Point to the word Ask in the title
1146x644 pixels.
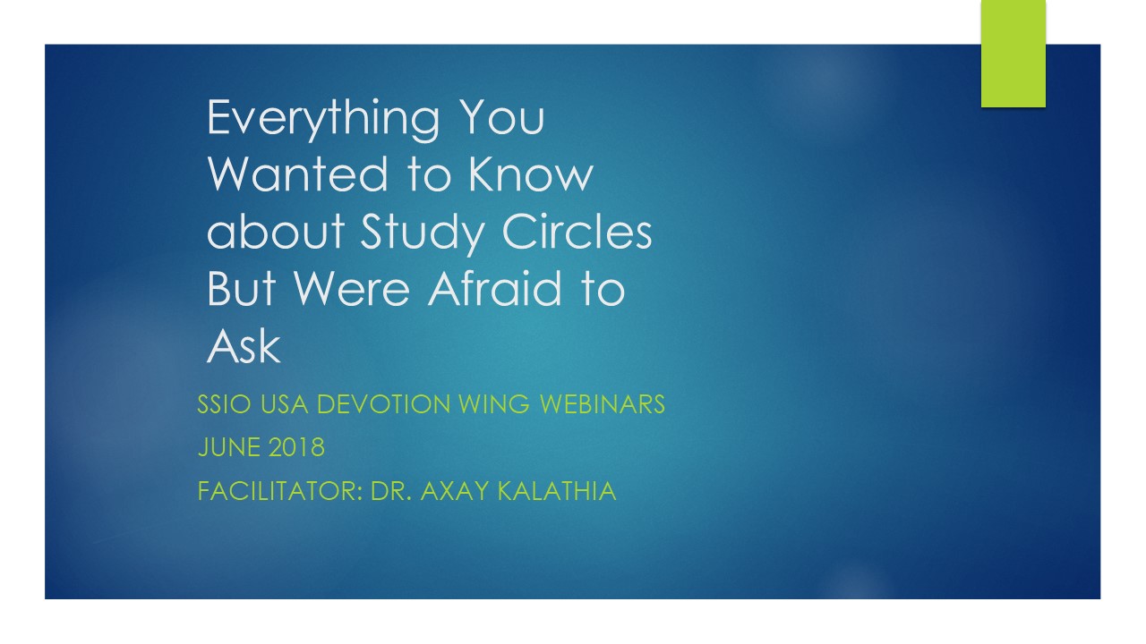[244, 346]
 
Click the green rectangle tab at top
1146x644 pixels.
[1013, 54]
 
